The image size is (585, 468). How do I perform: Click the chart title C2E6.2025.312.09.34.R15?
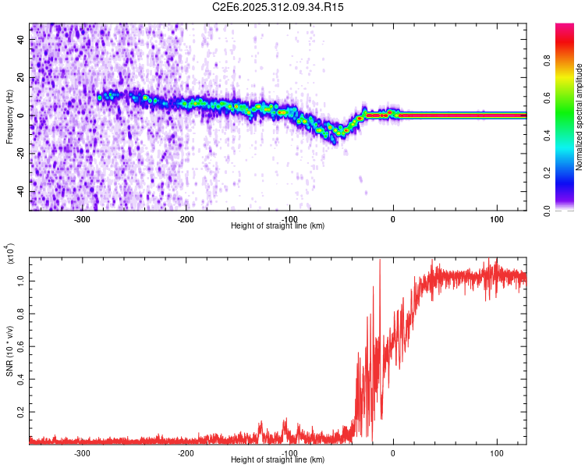click(x=278, y=7)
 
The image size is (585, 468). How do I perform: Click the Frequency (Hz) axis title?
click(x=9, y=116)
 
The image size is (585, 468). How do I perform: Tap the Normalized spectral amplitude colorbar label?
click(x=580, y=118)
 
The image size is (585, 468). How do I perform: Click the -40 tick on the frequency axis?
click(x=19, y=191)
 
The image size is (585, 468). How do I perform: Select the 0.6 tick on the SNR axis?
click(x=20, y=344)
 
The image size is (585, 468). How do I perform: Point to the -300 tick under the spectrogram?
click(x=83, y=218)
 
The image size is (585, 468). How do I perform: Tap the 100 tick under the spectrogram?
click(x=496, y=218)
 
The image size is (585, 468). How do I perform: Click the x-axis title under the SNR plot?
click(x=278, y=460)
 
